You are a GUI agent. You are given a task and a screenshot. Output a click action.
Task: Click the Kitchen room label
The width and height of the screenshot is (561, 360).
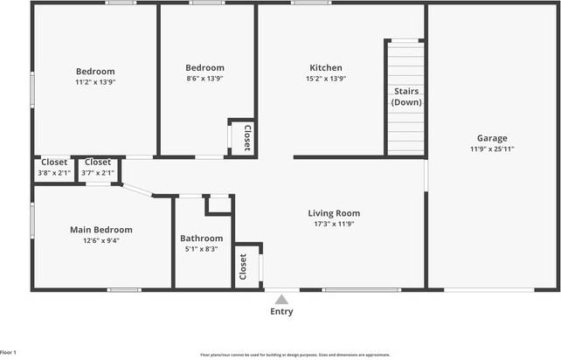326,68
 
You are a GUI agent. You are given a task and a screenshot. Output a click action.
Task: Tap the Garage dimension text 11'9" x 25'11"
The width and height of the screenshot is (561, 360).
492,149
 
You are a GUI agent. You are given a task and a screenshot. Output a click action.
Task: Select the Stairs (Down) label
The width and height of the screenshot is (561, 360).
406,97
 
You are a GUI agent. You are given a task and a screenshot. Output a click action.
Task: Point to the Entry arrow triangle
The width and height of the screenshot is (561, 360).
281,299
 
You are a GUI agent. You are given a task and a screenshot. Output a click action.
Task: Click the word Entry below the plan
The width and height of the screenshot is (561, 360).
281,312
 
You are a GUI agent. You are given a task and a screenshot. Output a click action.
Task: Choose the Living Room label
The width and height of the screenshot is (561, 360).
334,213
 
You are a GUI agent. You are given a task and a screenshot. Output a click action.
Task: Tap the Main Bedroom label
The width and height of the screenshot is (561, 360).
94,230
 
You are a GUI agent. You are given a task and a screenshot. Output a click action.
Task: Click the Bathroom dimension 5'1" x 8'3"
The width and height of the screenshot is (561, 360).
201,249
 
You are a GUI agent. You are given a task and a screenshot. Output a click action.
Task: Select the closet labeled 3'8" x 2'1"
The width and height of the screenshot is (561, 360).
54,172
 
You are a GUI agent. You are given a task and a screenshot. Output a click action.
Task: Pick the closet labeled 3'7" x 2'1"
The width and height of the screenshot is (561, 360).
98,172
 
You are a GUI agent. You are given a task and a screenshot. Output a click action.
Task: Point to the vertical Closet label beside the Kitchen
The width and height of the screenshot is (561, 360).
247,138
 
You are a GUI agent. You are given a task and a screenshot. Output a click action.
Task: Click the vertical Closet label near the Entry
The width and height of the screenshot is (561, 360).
243,266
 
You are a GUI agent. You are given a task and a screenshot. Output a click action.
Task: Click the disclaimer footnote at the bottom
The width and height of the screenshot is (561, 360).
295,355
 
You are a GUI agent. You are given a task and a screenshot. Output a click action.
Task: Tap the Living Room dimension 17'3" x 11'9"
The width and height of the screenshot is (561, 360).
334,224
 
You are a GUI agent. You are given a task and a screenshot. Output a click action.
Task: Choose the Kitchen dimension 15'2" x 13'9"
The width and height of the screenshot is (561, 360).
326,79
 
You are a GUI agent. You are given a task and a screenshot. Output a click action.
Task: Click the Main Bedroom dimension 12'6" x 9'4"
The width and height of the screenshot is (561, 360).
94,240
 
